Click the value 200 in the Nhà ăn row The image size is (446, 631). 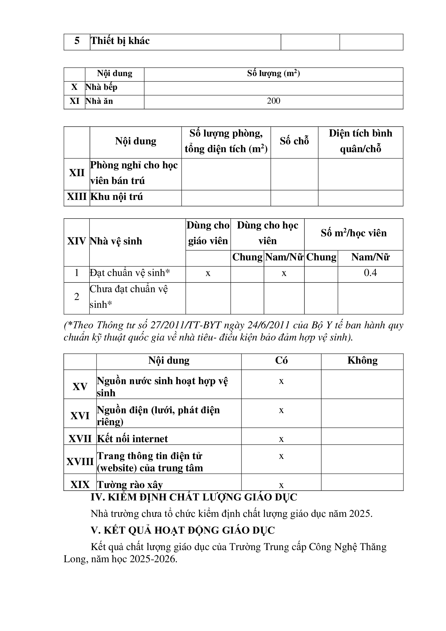click(273, 101)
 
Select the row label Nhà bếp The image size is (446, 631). click(101, 87)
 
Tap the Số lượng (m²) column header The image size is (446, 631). click(273, 73)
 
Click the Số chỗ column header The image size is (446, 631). click(294, 141)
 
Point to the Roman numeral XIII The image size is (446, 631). click(77, 197)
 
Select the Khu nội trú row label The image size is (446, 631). click(116, 197)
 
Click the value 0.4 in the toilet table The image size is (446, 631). click(370, 273)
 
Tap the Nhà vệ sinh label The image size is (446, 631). click(116, 241)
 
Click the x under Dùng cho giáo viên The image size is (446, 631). click(208, 273)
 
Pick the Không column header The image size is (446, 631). click(362, 360)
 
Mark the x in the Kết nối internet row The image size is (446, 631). click(281, 439)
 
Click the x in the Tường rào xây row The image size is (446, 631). click(281, 485)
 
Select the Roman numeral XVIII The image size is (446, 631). click(80, 461)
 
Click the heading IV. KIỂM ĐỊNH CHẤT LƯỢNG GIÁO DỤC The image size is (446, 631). click(194, 497)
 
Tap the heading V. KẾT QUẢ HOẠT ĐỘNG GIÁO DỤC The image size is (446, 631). click(183, 530)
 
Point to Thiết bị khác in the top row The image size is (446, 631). click(120, 41)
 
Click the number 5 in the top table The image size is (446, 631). click(77, 41)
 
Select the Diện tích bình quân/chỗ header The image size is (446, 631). click(360, 141)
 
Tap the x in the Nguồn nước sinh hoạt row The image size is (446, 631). click(281, 381)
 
